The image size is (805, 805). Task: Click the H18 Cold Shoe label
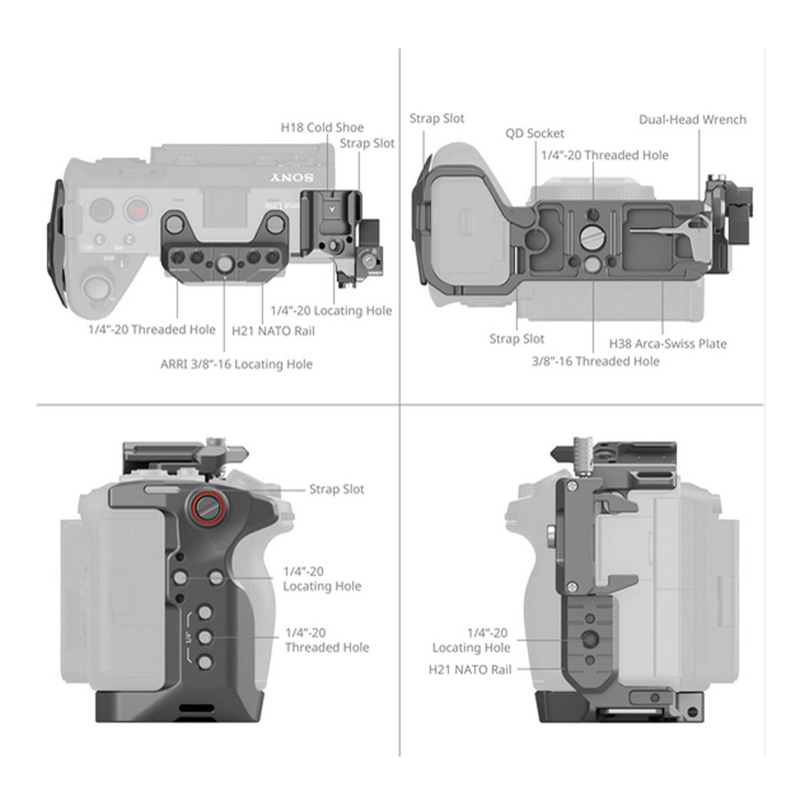pyautogui.click(x=322, y=127)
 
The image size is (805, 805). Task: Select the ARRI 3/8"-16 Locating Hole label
pyautogui.click(x=236, y=364)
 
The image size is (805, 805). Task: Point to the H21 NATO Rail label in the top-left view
pyautogui.click(x=273, y=331)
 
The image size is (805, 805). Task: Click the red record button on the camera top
pyautogui.click(x=138, y=209)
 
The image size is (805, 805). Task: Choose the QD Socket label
pyautogui.click(x=535, y=133)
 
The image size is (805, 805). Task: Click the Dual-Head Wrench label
pyautogui.click(x=692, y=119)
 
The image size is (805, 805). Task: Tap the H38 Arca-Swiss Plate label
pyautogui.click(x=667, y=343)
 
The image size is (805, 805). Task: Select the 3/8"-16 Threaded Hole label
pyautogui.click(x=596, y=361)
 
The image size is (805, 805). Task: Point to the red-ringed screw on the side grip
pyautogui.click(x=207, y=506)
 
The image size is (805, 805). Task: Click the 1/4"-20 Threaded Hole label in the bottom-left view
pyautogui.click(x=327, y=640)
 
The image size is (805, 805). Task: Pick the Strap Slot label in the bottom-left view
pyautogui.click(x=337, y=489)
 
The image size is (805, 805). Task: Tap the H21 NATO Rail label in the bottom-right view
pyautogui.click(x=470, y=669)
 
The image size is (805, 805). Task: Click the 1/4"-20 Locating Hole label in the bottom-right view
pyautogui.click(x=471, y=640)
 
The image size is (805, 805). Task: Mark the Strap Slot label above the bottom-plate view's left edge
pyautogui.click(x=437, y=118)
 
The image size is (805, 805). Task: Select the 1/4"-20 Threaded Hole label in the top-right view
pyautogui.click(x=604, y=155)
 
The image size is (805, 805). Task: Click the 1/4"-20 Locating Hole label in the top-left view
pyautogui.click(x=331, y=311)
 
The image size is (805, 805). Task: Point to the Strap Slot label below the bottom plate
pyautogui.click(x=517, y=339)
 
